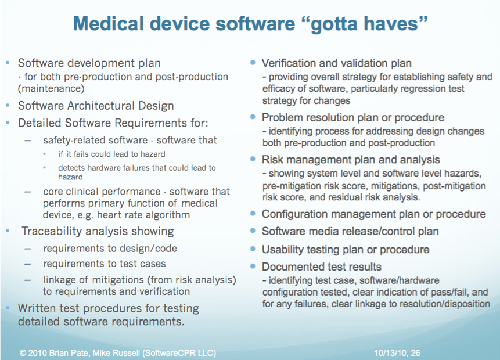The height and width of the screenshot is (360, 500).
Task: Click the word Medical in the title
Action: [109, 24]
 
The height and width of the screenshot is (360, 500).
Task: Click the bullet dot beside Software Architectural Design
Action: [8, 105]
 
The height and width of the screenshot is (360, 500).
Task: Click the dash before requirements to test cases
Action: [28, 264]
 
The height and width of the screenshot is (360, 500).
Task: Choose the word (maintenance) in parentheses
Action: [51, 89]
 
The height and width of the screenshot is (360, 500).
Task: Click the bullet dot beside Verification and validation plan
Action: [253, 63]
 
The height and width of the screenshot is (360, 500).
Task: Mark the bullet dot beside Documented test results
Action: [253, 266]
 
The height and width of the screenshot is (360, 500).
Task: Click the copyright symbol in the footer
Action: [23, 353]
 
